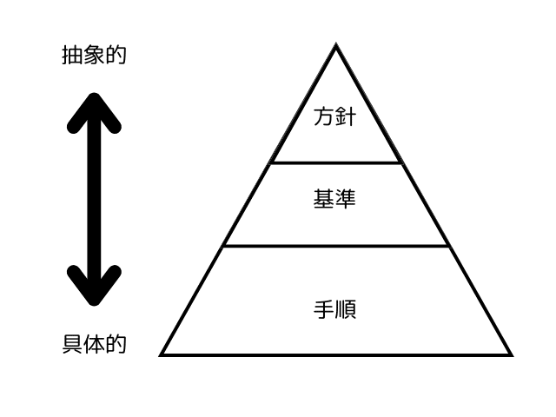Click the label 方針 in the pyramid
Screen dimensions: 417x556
pos(335,116)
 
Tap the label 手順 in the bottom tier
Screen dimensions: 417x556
pos(335,308)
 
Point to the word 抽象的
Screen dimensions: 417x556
pos(95,56)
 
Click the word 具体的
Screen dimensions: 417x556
pos(95,344)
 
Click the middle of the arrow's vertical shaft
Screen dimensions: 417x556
pos(94,199)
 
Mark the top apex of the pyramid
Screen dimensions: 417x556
pos(336,45)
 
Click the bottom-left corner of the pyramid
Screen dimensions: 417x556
pos(162,354)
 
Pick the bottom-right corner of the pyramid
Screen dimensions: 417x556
pos(511,354)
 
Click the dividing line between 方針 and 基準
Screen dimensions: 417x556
pos(336,162)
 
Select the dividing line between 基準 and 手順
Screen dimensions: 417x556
pos(336,246)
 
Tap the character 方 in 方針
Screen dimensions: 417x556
pos(324,116)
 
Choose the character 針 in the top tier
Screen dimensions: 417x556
pos(347,116)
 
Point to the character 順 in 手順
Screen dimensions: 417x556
pos(347,308)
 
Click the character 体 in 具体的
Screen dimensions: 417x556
pos(95,344)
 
